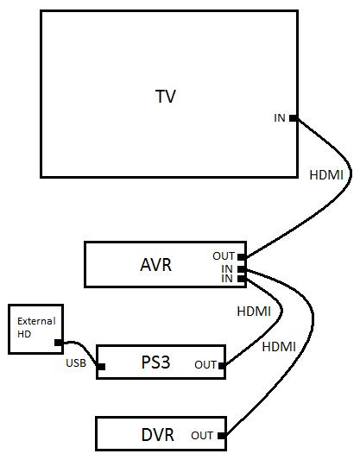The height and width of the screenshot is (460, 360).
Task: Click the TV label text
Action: point(166,96)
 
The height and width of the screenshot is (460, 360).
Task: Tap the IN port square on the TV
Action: point(294,118)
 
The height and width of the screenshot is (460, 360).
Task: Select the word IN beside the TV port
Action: point(280,118)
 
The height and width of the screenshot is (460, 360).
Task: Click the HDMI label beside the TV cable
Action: point(326,175)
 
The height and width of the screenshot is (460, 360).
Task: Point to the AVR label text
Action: point(155,265)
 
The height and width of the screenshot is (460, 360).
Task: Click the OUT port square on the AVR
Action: point(242,257)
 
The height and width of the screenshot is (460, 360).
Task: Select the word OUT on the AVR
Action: point(224,256)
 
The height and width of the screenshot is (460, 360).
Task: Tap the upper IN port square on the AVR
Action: point(242,269)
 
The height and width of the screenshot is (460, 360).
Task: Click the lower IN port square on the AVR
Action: point(242,279)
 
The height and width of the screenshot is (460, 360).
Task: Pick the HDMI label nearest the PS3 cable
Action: point(254,312)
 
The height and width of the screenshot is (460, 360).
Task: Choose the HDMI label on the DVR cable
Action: point(279,347)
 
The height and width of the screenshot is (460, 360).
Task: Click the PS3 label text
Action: point(155,362)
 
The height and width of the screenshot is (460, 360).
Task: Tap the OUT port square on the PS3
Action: point(222,366)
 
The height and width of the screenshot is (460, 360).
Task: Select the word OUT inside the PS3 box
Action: point(205,365)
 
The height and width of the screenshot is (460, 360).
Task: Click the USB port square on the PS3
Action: point(101,367)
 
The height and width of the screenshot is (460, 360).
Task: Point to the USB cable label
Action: point(76,363)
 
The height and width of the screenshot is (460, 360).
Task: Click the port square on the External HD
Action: point(59,343)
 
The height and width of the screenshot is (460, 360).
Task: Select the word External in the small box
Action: point(36,321)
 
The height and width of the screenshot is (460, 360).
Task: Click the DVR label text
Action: point(158,435)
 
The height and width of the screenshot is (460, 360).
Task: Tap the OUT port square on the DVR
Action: point(222,436)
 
